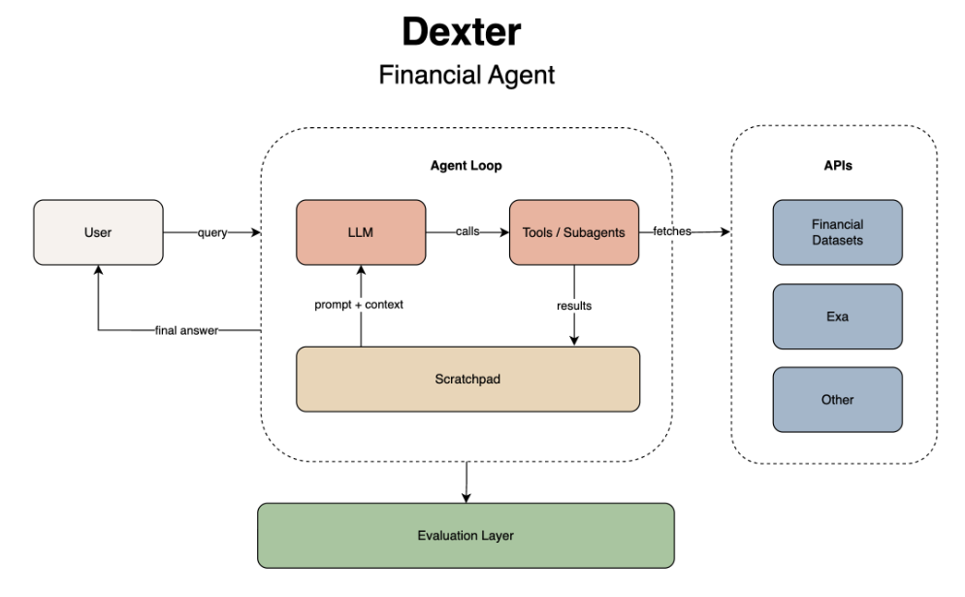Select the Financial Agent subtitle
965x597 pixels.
pos(466,75)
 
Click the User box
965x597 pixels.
pos(98,233)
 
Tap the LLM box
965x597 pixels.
pos(361,233)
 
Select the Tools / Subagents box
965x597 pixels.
pos(574,233)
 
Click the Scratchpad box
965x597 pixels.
pos(467,378)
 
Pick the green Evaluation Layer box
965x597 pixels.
pos(466,535)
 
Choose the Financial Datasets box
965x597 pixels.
pos(837,233)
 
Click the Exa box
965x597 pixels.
pos(837,316)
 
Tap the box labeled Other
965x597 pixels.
pos(837,399)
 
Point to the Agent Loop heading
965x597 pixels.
pos(466,166)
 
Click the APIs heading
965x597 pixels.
pos(837,166)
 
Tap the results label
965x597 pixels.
pos(574,305)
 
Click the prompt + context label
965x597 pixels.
pos(361,305)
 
